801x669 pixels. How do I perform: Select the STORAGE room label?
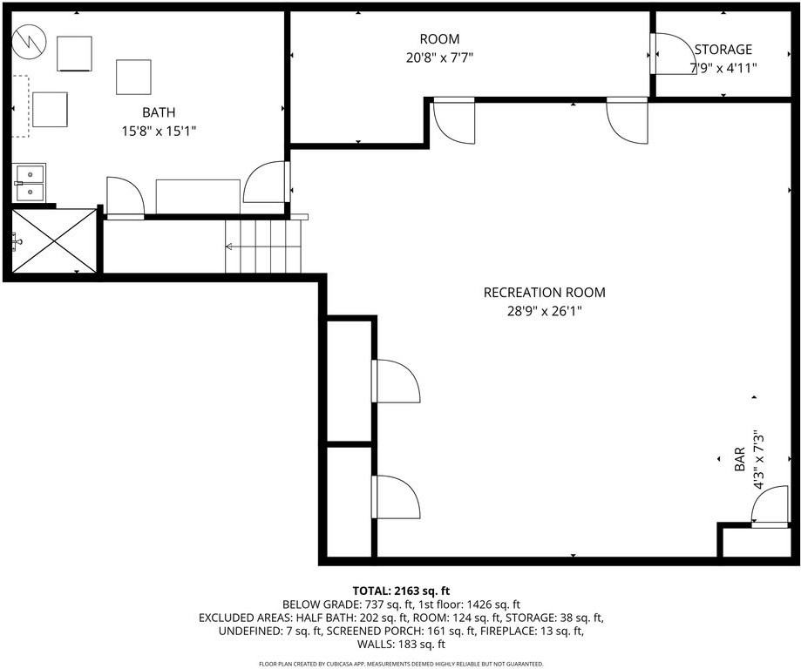[723, 50]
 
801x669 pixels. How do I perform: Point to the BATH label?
[159, 112]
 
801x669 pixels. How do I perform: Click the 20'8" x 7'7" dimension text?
[439, 57]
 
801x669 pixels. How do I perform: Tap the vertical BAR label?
[739, 459]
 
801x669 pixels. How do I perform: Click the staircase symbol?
[264, 247]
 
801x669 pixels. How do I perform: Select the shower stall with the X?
[54, 241]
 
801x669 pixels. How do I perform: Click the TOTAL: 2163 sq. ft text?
[400, 591]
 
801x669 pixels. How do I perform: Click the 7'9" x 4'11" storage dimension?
[723, 68]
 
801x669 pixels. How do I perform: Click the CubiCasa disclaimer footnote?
[400, 663]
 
